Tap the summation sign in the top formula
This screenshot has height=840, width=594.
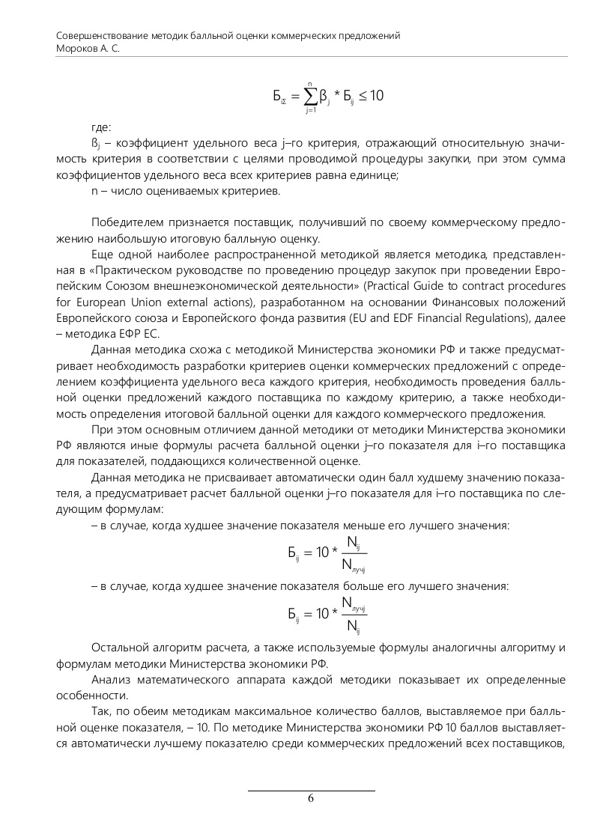310,96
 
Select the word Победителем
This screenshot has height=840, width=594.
126,224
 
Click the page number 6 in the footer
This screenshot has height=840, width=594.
311,798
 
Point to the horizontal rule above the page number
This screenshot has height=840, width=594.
311,791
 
